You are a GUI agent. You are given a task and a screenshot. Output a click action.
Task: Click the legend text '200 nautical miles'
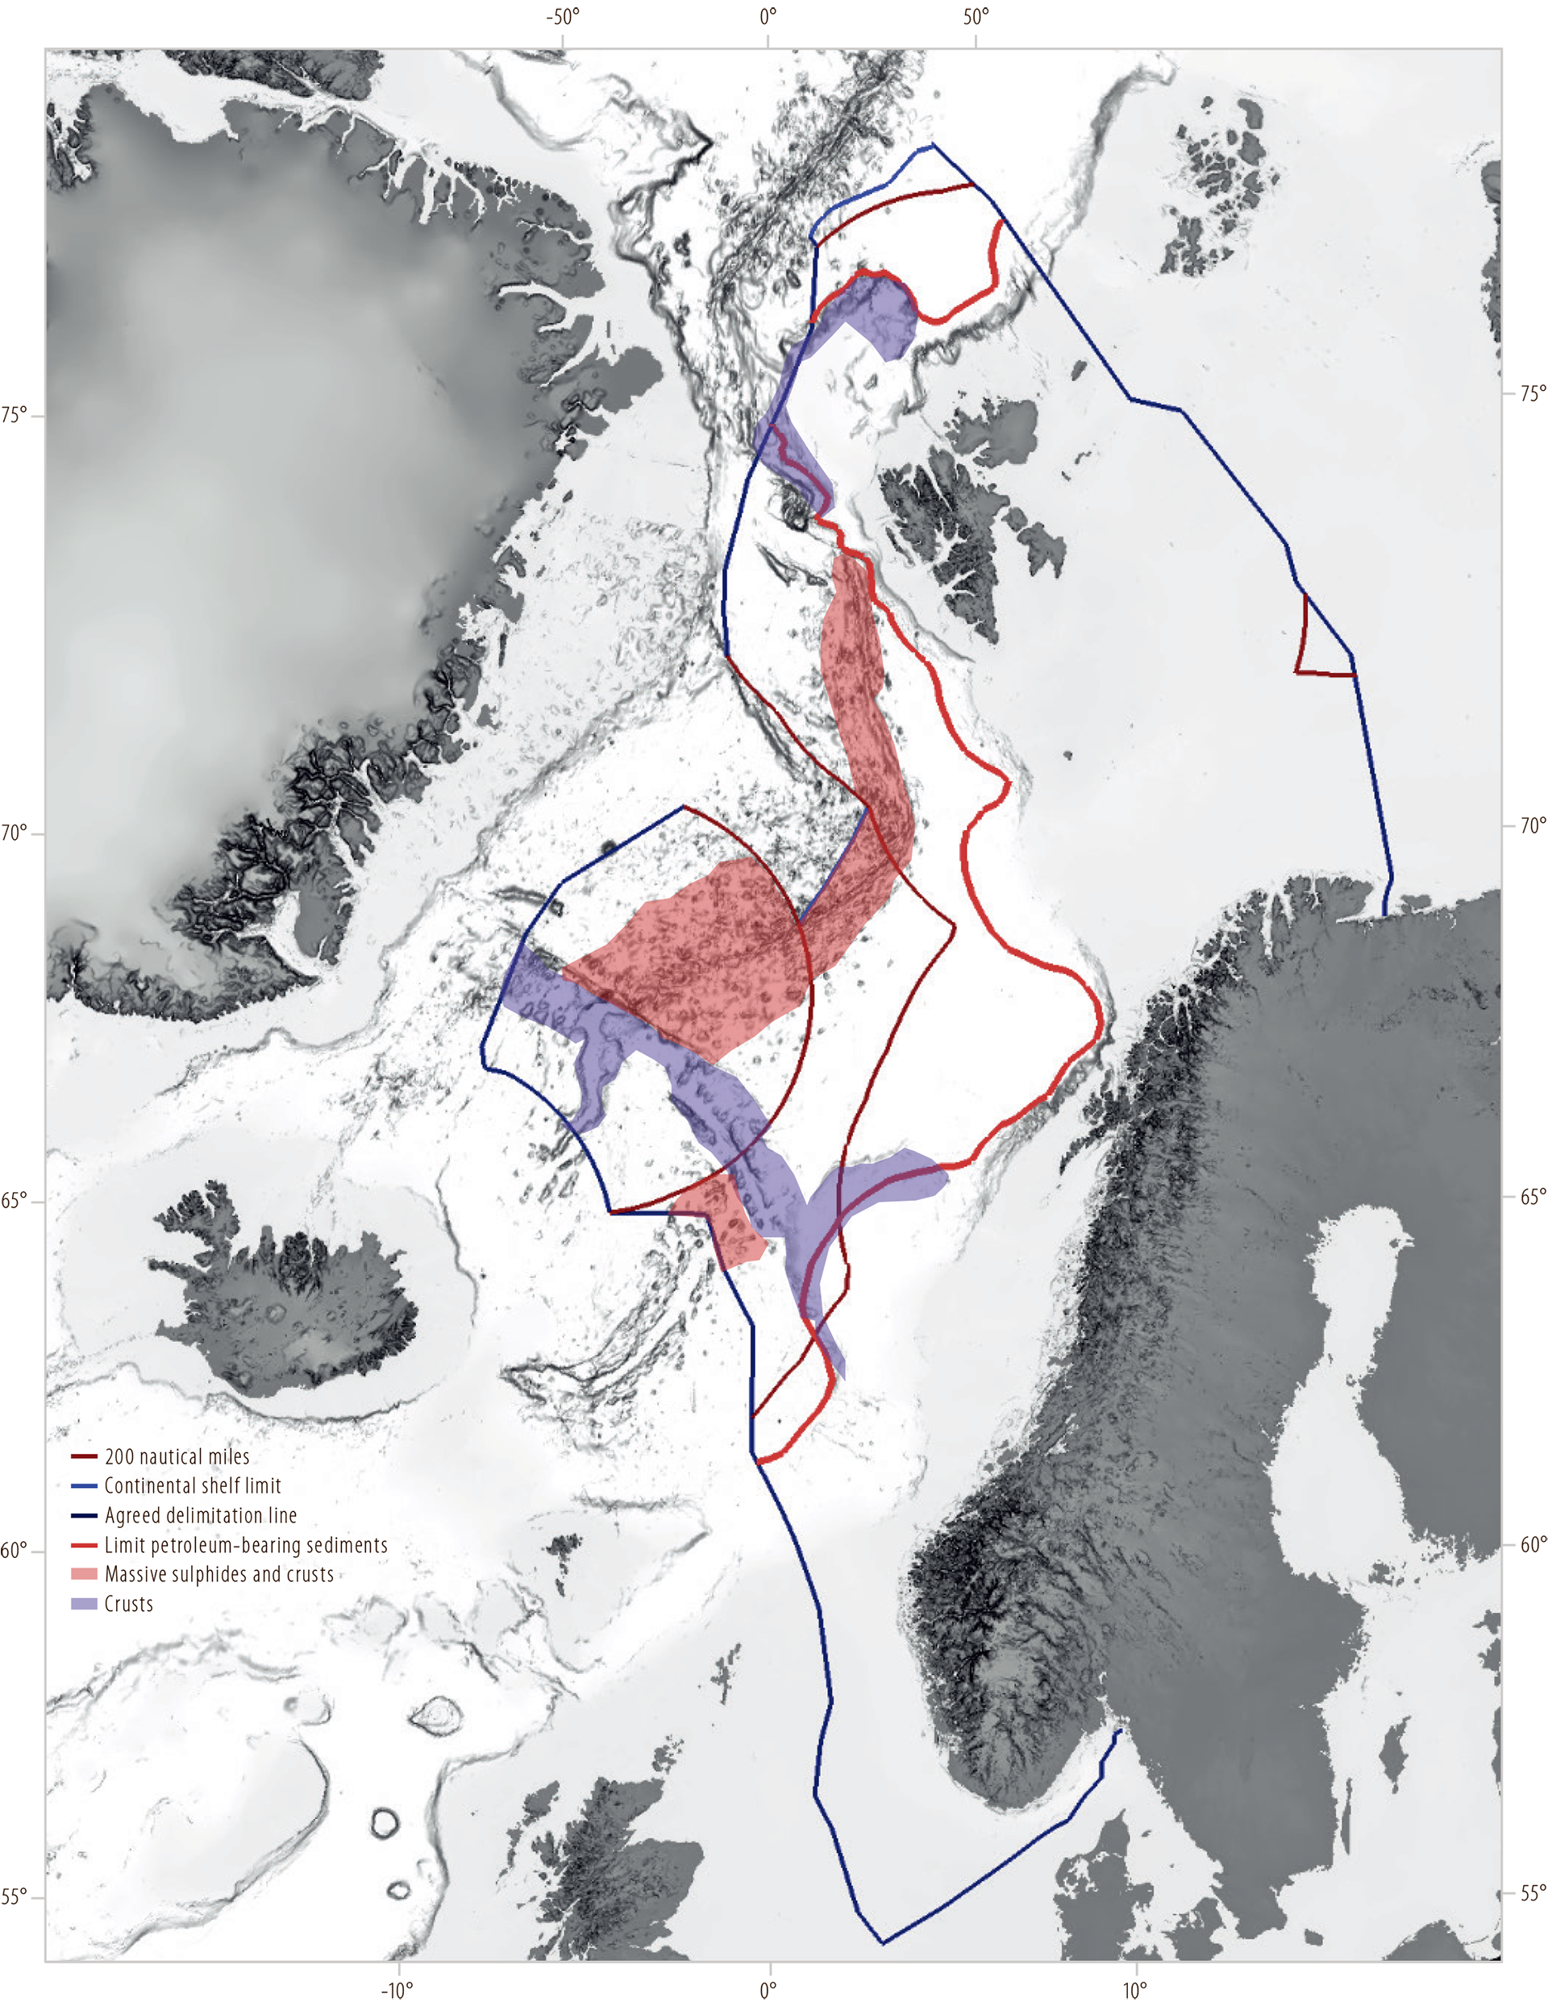(177, 1456)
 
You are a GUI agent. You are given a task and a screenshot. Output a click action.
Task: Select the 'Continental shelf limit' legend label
(192, 1486)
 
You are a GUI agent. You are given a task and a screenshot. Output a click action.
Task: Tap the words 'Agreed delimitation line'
(200, 1515)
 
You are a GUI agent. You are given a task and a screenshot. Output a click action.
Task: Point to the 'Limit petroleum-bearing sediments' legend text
(245, 1545)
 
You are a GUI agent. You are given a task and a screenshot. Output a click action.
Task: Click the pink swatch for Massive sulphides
(84, 1574)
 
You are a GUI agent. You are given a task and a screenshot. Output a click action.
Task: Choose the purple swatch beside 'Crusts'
(84, 1604)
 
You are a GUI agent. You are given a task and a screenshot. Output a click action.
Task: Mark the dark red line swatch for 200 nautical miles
(84, 1456)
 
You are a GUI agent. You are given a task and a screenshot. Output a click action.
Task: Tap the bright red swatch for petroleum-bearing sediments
(84, 1545)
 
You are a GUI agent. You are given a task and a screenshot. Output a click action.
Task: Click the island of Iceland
(285, 1295)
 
